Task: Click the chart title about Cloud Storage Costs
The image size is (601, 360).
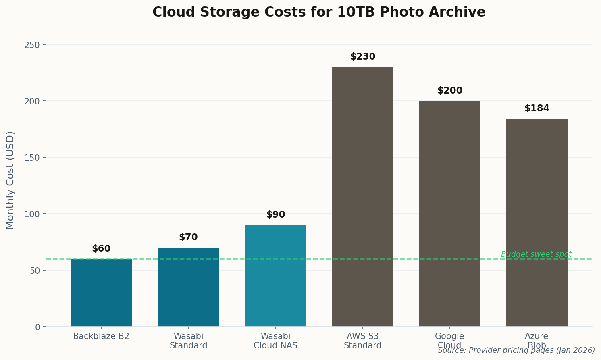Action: coord(319,12)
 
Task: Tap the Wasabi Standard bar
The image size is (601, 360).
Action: coord(188,287)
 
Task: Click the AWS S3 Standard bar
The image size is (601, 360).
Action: coord(362,196)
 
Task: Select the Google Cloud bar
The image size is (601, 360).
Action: coord(449,213)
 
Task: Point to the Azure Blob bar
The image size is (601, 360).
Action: coord(537,222)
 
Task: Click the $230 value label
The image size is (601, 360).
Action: coord(362,57)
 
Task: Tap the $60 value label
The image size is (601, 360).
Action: coord(101,249)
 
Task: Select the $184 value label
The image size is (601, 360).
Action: coord(537,108)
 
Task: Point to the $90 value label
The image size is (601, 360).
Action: coord(275,215)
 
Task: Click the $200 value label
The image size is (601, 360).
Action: coord(449,91)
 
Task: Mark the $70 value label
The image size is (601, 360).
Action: coord(188,237)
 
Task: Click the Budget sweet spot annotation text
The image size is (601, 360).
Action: coord(536,254)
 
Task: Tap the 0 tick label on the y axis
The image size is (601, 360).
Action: coord(38,327)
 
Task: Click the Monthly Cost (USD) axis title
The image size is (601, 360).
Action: coord(10,180)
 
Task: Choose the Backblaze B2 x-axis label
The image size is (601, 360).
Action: coord(101,336)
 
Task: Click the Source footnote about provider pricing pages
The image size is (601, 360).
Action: coord(516,350)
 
